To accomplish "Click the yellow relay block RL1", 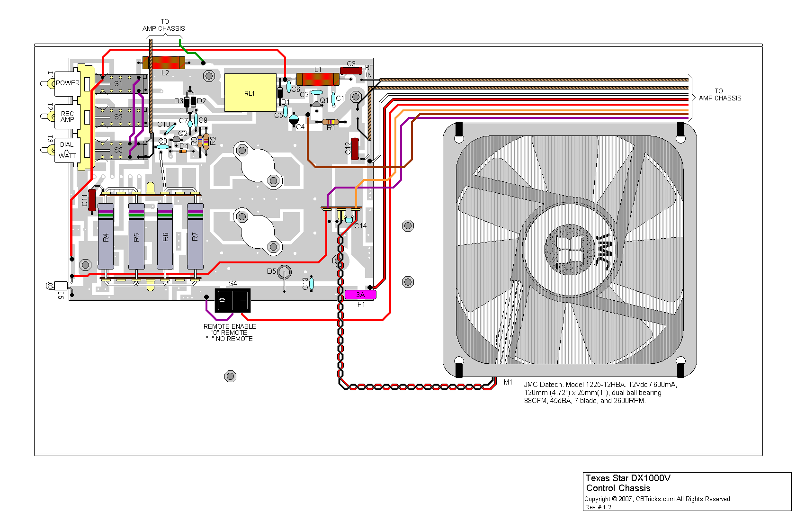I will [x=250, y=93].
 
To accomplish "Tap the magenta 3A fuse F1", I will [x=360, y=295].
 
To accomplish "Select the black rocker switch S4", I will [x=232, y=300].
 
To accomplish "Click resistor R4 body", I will [x=106, y=237].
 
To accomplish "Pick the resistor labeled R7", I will [x=195, y=237].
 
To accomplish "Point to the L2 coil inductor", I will [x=164, y=63].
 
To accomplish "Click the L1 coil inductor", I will [x=318, y=79].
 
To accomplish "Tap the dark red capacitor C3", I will [x=351, y=71].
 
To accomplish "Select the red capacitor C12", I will [x=355, y=149].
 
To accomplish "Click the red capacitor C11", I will [x=92, y=200].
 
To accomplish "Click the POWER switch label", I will [x=68, y=83].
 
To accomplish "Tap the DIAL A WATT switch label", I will [x=67, y=150].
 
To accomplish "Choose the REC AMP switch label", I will [x=67, y=117].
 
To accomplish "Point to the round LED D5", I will [x=284, y=272].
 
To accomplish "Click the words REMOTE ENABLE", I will [x=230, y=326].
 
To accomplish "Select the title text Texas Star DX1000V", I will [x=628, y=478].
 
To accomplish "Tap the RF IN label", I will [x=369, y=71].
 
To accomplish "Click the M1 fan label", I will [x=508, y=382].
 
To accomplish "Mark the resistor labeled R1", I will [x=330, y=122].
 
